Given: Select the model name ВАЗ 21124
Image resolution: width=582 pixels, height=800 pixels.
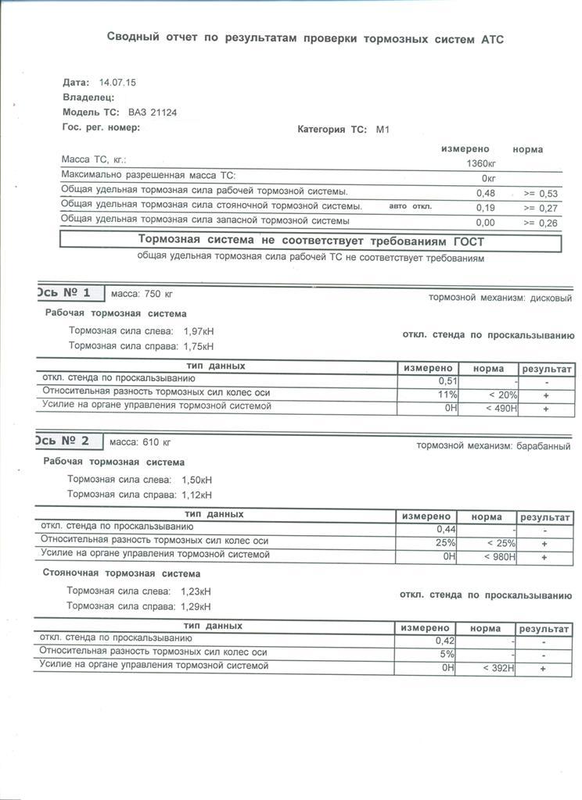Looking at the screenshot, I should click(x=153, y=112).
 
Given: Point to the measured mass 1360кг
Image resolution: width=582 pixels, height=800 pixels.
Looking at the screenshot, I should click(x=480, y=163).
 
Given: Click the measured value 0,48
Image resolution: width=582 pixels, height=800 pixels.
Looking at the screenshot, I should click(x=486, y=193).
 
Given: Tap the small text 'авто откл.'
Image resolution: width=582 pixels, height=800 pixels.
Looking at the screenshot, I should click(x=411, y=206).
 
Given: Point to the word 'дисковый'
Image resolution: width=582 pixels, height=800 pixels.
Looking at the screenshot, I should click(x=551, y=298).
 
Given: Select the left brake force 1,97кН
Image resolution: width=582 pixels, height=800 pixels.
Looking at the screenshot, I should click(x=199, y=331).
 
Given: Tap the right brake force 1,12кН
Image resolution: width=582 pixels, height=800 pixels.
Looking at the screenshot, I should click(x=196, y=495).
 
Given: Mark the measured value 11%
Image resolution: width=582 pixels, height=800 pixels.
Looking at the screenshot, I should click(x=447, y=395).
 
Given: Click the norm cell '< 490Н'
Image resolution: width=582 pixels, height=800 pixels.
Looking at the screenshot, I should click(x=501, y=409).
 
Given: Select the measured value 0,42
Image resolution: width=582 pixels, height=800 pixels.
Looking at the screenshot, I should click(x=445, y=641).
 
